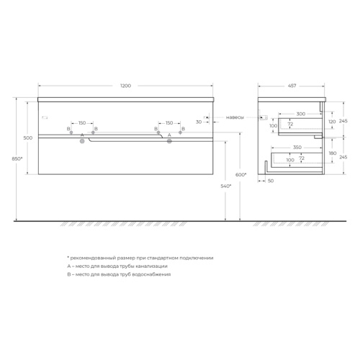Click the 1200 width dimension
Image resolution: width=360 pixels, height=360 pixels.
pyautogui.click(x=125, y=86)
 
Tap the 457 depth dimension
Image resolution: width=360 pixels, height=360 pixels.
pyautogui.click(x=292, y=86)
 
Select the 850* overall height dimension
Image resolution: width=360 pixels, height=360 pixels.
pyautogui.click(x=17, y=158)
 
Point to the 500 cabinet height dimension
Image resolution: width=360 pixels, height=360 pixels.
pyautogui.click(x=28, y=138)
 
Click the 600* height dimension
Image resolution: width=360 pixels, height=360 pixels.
pyautogui.click(x=240, y=175)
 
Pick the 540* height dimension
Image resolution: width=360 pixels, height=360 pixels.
pyautogui.click(x=226, y=186)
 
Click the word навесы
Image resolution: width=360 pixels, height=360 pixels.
pyautogui.click(x=235, y=117)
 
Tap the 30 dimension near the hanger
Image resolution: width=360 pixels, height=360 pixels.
pyautogui.click(x=199, y=122)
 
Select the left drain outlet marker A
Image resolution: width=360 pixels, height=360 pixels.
pyautogui.click(x=82, y=141)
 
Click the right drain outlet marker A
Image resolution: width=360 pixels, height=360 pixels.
pyautogui.click(x=169, y=141)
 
